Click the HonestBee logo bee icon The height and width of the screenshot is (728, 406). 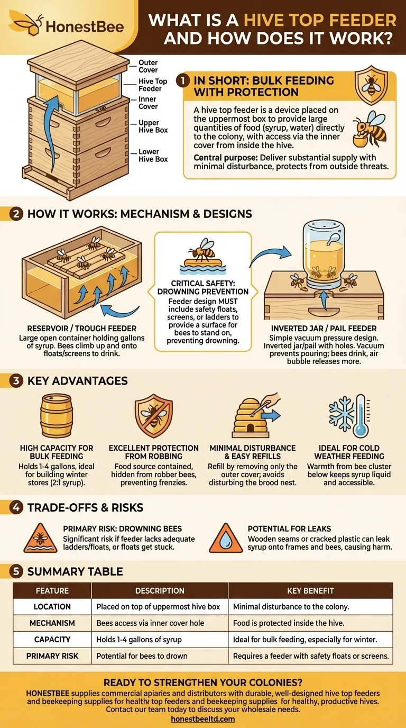click(x=27, y=24)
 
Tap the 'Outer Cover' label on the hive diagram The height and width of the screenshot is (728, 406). click(x=148, y=66)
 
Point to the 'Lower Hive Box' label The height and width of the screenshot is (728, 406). click(x=153, y=156)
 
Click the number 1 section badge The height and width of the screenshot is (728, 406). click(x=183, y=81)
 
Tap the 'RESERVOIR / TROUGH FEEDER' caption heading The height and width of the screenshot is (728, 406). click(x=77, y=328)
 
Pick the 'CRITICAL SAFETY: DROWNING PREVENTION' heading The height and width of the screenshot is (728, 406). click(x=202, y=288)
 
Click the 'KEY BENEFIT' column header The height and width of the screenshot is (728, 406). click(x=310, y=590)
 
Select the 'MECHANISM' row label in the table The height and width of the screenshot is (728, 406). click(x=52, y=623)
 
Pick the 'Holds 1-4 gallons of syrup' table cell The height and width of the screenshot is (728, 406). click(x=139, y=639)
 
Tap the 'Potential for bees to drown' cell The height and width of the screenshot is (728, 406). click(x=142, y=656)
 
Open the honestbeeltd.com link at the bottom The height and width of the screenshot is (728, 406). click(x=203, y=719)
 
